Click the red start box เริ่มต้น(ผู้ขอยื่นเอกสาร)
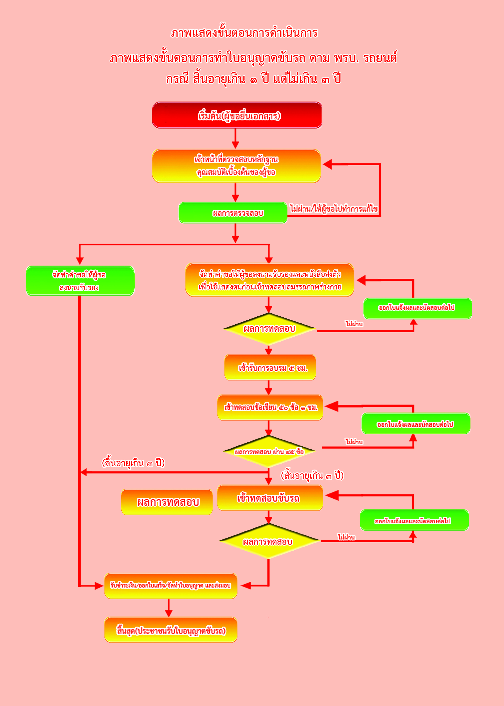[237, 115]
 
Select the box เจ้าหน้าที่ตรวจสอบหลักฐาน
[236, 166]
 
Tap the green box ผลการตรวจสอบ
[233, 213]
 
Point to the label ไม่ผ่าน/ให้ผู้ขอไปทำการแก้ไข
[334, 209]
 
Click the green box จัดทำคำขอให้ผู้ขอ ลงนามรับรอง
[80, 281]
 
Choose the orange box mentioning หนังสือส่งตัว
[269, 280]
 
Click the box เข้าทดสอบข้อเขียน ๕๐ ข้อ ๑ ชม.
[270, 407]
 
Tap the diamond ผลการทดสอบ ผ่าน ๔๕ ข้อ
[269, 452]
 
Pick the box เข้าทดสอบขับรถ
[270, 498]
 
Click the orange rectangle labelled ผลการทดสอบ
[167, 502]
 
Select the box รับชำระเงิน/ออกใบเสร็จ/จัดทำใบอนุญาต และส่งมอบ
[171, 586]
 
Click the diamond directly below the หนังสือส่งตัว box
[269, 329]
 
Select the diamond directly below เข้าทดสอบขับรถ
[269, 541]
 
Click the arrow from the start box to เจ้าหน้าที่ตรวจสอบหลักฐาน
[235, 139]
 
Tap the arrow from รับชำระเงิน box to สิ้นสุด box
[168, 607]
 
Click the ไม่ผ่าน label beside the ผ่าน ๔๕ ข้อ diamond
[354, 442]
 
